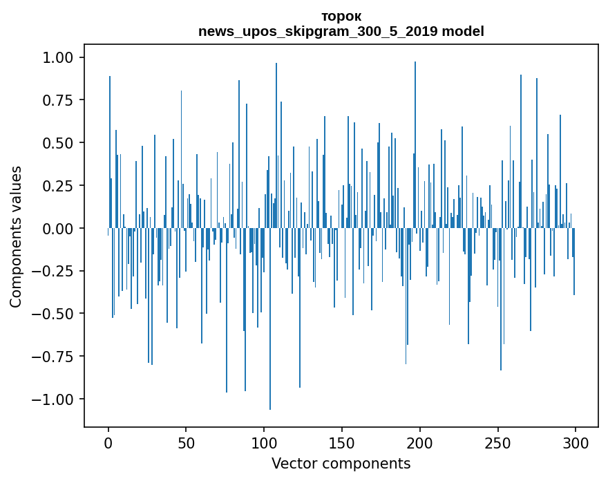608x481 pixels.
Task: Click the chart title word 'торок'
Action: coord(341,16)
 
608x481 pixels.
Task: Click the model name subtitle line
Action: coord(341,31)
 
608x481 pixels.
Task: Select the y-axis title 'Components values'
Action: coord(16,236)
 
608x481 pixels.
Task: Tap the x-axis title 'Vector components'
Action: coord(341,463)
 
